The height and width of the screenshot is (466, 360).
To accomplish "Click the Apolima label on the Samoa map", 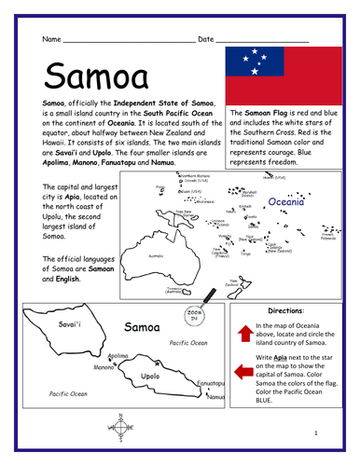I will [x=117, y=355].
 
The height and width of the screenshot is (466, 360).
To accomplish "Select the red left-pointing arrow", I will [x=244, y=373].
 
